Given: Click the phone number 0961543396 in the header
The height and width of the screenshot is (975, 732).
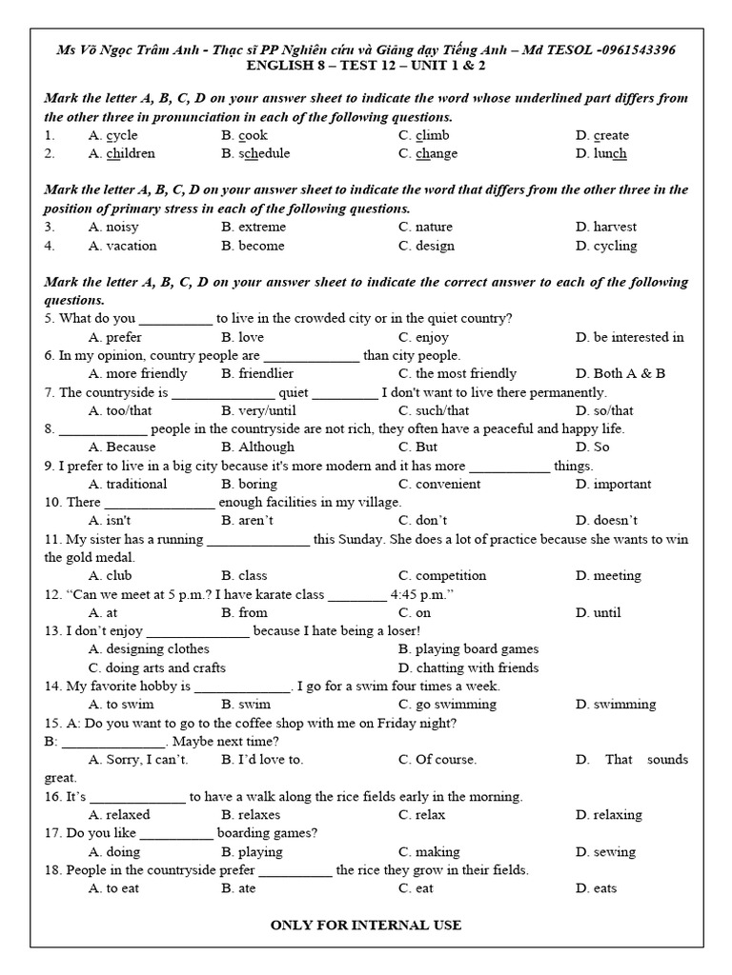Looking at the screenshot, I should tap(640, 50).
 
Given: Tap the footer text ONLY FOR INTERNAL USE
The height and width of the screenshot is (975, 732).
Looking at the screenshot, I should tap(366, 925).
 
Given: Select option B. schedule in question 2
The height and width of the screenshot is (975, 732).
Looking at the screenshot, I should tap(255, 153).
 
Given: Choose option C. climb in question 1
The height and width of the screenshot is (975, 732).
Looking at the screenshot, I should tap(423, 135).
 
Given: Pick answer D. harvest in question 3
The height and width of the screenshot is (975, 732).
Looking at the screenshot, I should tap(606, 227).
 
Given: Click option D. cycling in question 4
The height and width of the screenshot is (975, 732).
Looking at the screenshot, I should tap(606, 246).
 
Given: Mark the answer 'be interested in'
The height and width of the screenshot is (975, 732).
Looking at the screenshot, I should tap(629, 337).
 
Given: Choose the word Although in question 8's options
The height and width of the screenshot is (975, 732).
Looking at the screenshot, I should tap(257, 447).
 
